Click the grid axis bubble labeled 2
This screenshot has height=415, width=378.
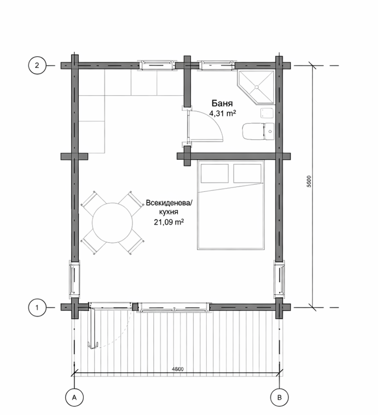point(37,65)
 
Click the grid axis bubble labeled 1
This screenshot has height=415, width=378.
point(37,307)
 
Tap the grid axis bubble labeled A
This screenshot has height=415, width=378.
point(74,398)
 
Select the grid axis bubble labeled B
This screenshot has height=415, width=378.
point(280,398)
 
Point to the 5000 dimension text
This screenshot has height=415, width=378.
point(309,182)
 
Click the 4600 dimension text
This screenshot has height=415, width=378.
point(178,369)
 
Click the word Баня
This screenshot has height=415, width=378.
point(222,103)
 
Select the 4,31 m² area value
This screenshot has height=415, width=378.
point(223,113)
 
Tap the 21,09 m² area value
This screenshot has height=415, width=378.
point(169,222)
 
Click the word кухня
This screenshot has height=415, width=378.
point(168,212)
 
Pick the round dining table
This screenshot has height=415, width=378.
point(113,223)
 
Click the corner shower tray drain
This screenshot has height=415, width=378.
point(257,86)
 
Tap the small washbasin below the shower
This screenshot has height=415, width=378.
point(266,114)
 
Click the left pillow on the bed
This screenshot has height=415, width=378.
point(214,173)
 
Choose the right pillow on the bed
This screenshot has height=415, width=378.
point(247,173)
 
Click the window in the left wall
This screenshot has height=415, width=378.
point(74,277)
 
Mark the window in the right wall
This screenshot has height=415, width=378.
point(280,277)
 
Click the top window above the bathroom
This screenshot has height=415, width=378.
point(217,65)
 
